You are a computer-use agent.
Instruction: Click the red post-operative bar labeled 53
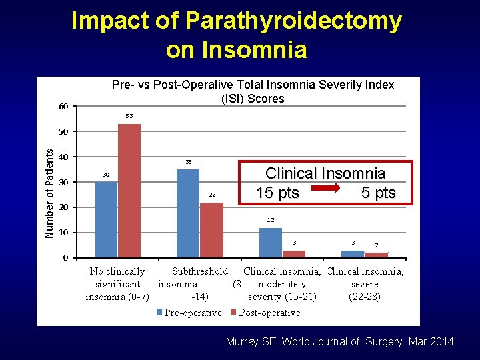pyautogui.click(x=129, y=191)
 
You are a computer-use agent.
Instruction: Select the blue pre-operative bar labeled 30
pyautogui.click(x=106, y=219)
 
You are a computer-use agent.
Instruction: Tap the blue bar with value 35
pyautogui.click(x=188, y=213)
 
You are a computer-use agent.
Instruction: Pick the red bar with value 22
pyautogui.click(x=211, y=229)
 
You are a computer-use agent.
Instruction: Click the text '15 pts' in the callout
pyautogui.click(x=277, y=193)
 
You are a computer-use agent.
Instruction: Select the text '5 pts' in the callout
pyautogui.click(x=378, y=193)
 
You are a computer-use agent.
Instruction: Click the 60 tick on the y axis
pyautogui.click(x=63, y=107)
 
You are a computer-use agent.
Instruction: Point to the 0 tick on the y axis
pyautogui.click(x=65, y=258)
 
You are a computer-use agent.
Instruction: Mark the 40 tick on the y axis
pyautogui.click(x=63, y=157)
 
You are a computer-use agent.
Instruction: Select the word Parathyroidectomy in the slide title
pyautogui.click(x=293, y=21)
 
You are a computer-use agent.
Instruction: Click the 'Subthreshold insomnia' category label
pyautogui.click(x=193, y=284)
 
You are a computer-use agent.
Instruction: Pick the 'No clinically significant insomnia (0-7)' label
pyautogui.click(x=117, y=284)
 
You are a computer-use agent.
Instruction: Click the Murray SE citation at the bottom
pyautogui.click(x=341, y=342)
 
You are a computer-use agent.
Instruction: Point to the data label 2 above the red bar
pyautogui.click(x=377, y=245)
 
